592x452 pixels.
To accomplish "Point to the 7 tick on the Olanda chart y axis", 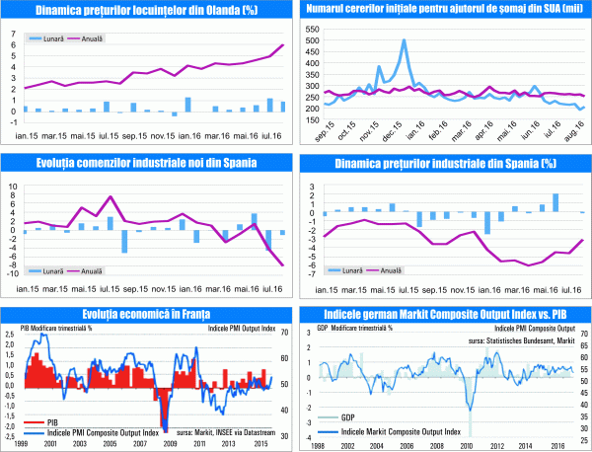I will [x=12, y=32].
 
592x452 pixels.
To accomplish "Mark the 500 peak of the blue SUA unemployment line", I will [x=405, y=41].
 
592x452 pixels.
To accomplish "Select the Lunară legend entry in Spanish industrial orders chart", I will [x=46, y=269].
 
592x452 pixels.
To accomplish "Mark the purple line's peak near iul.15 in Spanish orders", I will [x=110, y=197].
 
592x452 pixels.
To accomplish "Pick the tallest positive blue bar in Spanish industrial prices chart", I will [x=556, y=201].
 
